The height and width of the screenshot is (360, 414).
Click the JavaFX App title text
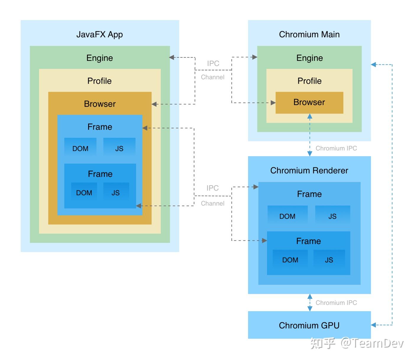pos(99,35)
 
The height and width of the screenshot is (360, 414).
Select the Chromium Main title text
pos(309,35)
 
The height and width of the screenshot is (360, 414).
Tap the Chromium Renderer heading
pos(309,171)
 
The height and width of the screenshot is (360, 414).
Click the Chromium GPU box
pos(309,325)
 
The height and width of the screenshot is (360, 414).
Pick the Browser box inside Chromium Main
pos(309,102)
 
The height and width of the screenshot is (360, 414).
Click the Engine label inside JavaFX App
pos(99,58)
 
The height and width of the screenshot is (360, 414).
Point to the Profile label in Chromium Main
pos(309,81)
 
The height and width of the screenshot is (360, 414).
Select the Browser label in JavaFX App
pos(100,104)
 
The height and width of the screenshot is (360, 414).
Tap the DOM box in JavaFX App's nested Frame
pos(84,193)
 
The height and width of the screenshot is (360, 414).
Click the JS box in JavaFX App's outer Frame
pos(119,148)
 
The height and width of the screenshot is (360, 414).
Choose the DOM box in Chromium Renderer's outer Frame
pos(287,216)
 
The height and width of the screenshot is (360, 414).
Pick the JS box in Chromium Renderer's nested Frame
pos(329,260)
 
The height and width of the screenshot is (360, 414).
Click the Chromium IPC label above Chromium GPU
pos(336,303)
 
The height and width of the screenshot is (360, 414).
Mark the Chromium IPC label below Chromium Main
pos(336,148)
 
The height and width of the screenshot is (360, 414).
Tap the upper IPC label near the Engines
pos(213,64)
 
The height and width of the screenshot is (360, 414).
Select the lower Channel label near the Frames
pos(213,204)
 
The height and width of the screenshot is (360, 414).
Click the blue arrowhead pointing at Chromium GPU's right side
pos(373,325)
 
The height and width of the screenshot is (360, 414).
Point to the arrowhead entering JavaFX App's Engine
pos(172,57)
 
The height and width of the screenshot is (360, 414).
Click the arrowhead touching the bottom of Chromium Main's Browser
pos(310,116)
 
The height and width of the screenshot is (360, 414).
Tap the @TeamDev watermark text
pos(372,343)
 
